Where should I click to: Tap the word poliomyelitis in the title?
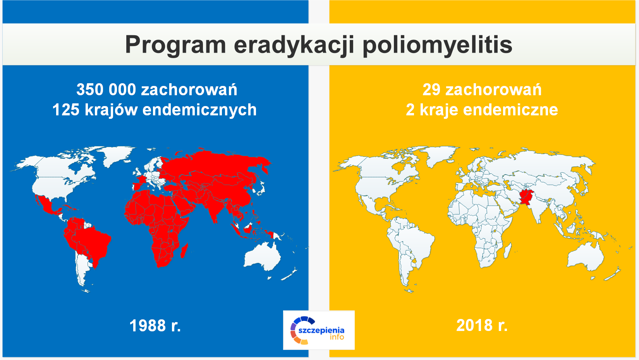coord(437,45)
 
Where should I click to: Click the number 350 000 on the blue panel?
coord(106,89)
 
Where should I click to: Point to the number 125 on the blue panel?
coord(66,110)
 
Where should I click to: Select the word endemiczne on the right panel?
coord(510,110)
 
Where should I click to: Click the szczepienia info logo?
coord(319,330)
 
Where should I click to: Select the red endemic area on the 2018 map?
coord(526,197)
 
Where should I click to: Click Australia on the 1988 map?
coord(262,257)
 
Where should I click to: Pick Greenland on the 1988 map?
coord(117,155)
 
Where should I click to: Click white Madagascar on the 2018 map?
coord(508,251)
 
